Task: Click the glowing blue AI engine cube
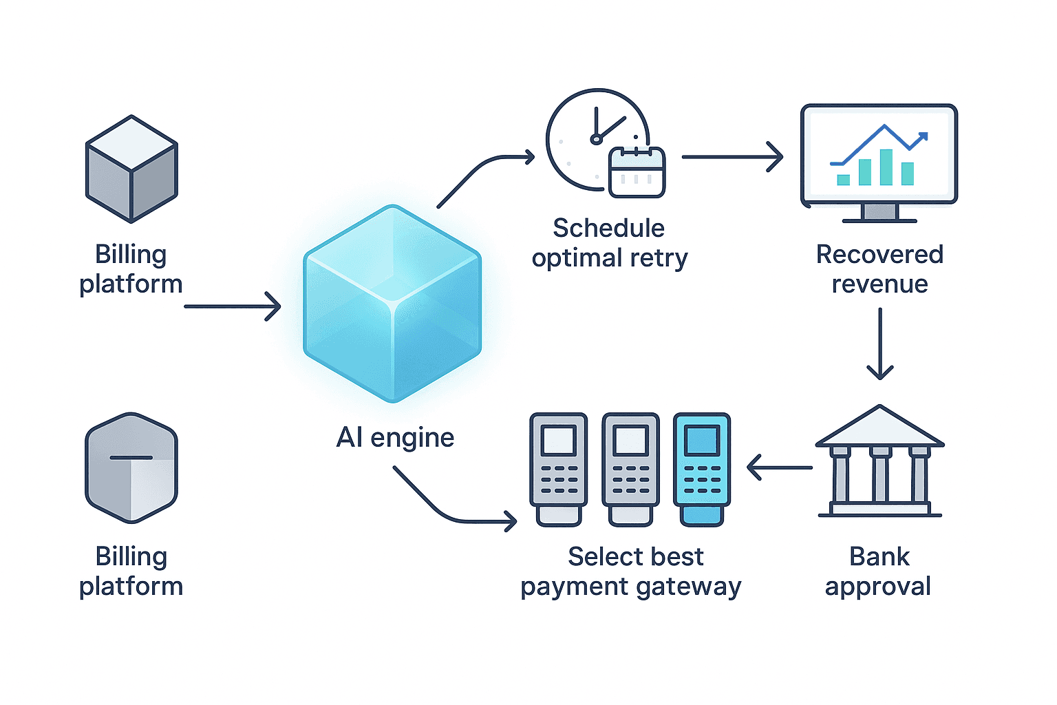(392, 303)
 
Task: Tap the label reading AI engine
(395, 438)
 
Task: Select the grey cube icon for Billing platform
(131, 169)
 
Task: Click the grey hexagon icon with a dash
(131, 468)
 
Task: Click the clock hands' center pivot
(596, 140)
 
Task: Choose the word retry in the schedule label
(659, 258)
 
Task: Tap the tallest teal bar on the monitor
(886, 167)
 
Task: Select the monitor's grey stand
(879, 212)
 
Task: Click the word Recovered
(879, 255)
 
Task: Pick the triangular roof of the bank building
(879, 427)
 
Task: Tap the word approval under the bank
(878, 587)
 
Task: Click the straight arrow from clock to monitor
(732, 157)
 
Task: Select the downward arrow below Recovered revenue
(879, 344)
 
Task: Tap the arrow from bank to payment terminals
(780, 467)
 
